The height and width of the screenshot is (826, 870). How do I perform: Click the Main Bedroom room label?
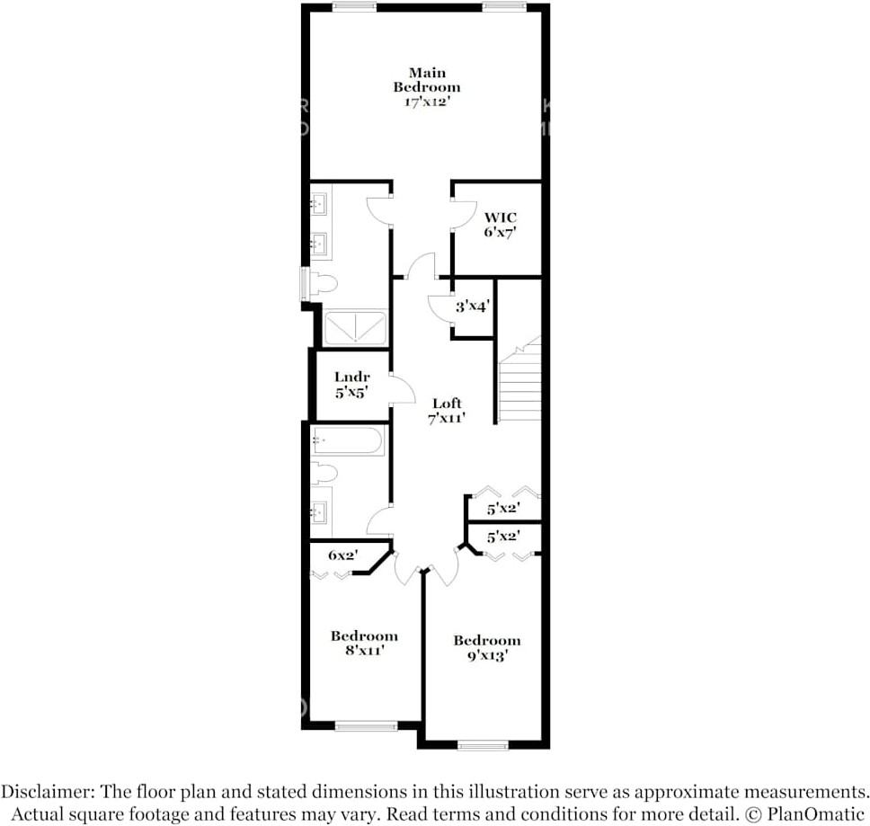click(x=427, y=87)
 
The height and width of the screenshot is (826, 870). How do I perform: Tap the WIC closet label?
click(x=500, y=225)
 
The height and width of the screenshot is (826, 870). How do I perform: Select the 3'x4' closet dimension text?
click(x=471, y=306)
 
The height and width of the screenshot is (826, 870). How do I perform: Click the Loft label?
click(x=447, y=411)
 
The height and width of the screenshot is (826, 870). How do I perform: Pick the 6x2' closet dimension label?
click(x=342, y=555)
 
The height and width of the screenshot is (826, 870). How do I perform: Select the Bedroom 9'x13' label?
click(x=486, y=647)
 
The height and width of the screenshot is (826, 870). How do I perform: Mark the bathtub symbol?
click(x=349, y=441)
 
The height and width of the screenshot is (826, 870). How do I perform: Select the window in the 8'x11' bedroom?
click(x=366, y=725)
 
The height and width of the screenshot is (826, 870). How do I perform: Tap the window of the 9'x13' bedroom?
click(x=483, y=744)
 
